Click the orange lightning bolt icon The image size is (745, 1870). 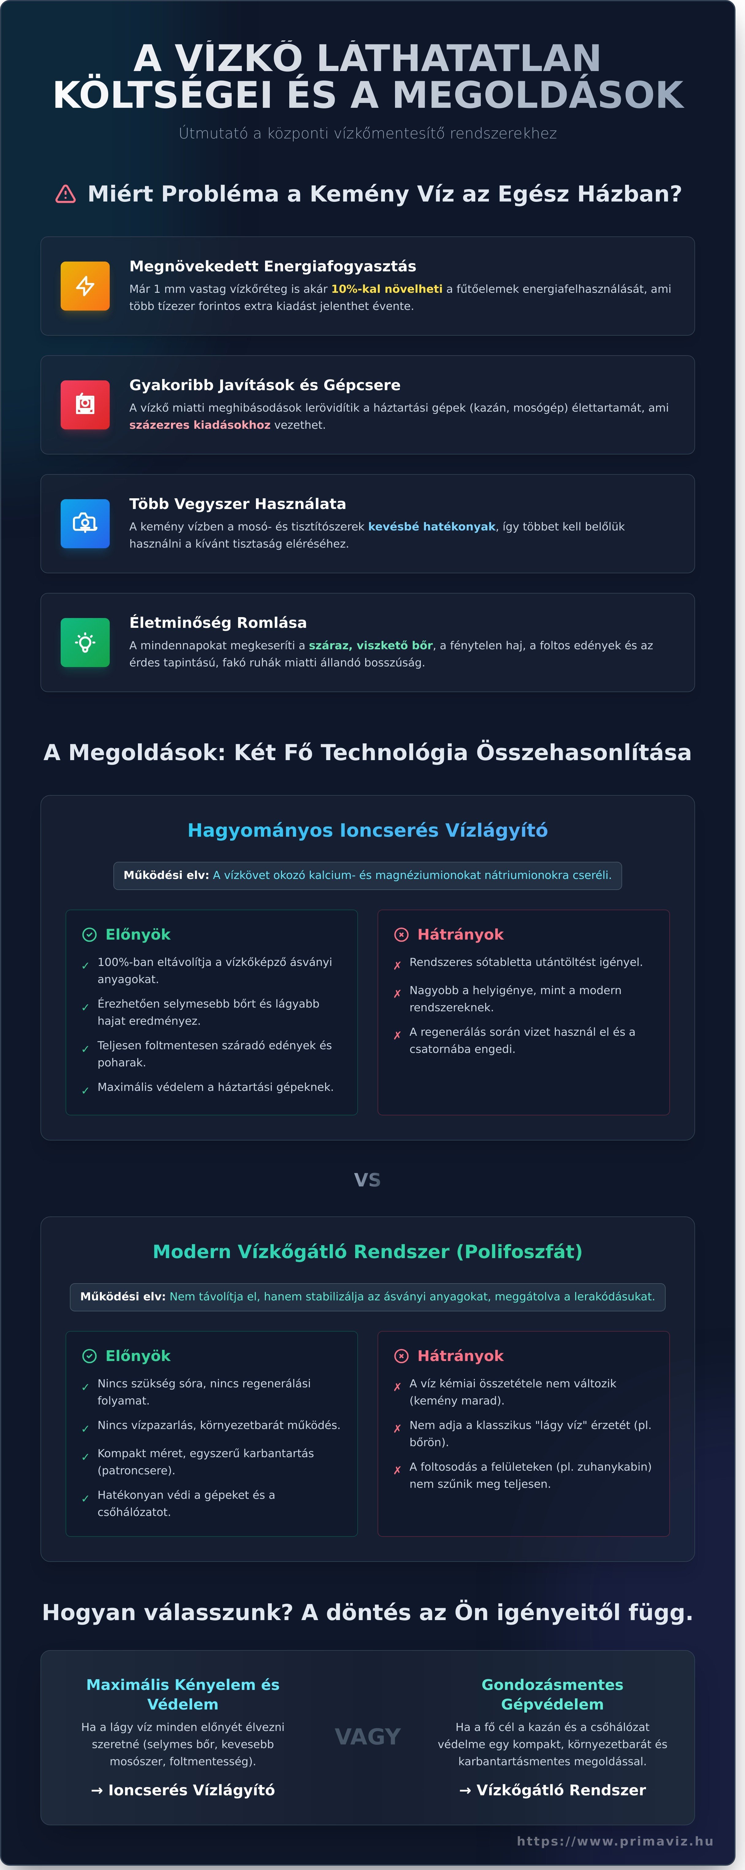[85, 286]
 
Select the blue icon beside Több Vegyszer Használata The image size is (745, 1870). [85, 523]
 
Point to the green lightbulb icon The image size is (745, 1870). [85, 643]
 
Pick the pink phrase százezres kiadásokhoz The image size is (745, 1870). [200, 425]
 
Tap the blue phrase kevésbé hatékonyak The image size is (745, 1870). [431, 526]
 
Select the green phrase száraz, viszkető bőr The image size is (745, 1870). [370, 645]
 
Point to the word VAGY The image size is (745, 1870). [367, 1736]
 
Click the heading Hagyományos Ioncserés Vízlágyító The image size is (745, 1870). [367, 831]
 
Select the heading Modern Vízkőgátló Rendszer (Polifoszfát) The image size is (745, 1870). [367, 1251]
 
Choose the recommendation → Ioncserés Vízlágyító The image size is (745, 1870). [183, 1790]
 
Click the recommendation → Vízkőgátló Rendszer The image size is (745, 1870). [553, 1790]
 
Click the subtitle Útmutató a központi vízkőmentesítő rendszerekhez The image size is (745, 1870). [367, 134]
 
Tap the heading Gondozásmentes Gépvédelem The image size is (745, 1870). [553, 1694]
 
